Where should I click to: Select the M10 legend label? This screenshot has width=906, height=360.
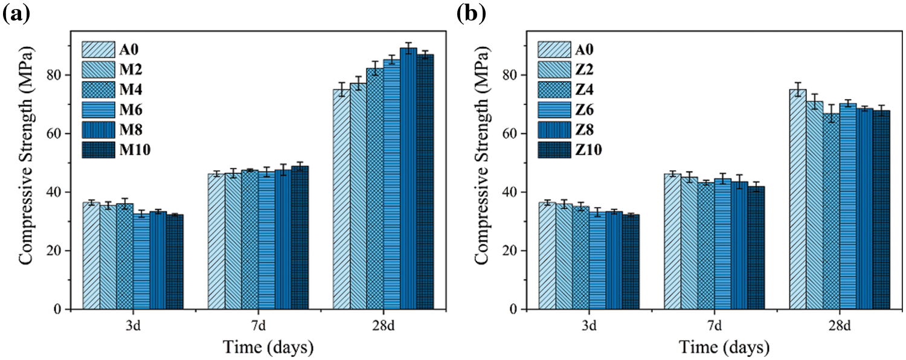[137, 150]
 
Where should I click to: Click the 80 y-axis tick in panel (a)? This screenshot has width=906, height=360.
[57, 75]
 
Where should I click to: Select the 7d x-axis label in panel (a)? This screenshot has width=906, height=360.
[258, 326]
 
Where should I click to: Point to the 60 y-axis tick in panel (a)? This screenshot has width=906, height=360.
[57, 133]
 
